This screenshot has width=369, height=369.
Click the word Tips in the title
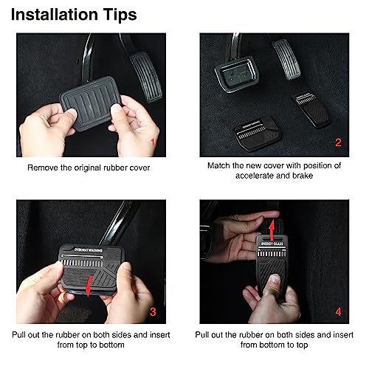pos(118,14)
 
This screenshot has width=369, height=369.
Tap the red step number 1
pos(154,141)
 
